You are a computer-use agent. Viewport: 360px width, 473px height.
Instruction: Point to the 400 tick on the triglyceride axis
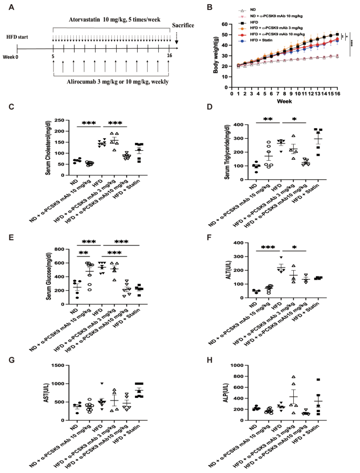[x=230, y=125]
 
